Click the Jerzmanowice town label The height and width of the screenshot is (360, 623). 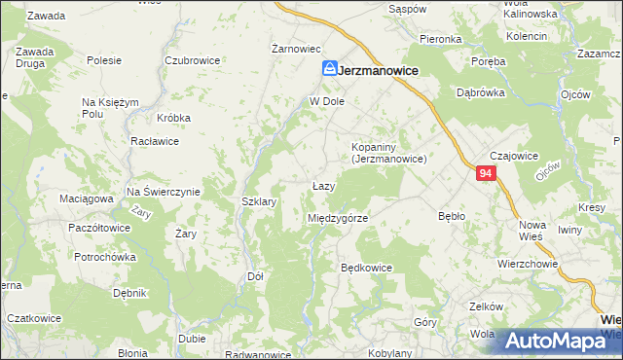point(380,71)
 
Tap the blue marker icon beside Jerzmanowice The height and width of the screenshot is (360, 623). point(331,70)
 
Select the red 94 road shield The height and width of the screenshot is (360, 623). point(488,174)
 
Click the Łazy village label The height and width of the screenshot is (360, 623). point(324,186)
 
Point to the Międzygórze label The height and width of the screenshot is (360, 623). point(338,219)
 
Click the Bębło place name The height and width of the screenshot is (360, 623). point(454,215)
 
